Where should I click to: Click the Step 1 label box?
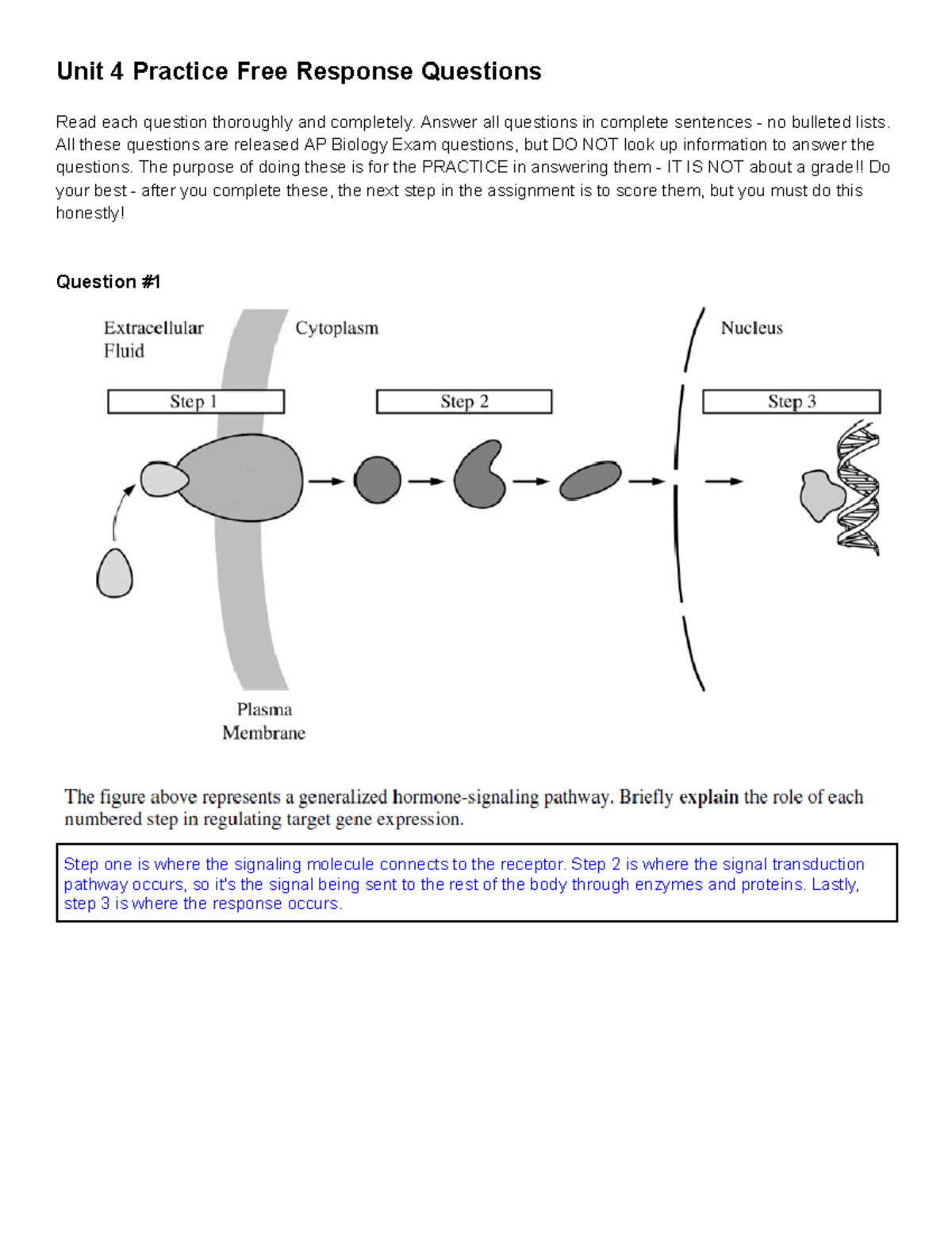tap(195, 402)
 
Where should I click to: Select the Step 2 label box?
tap(463, 402)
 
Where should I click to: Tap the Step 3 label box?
tap(791, 402)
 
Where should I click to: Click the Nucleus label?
tap(751, 328)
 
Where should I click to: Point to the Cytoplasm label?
tap(336, 328)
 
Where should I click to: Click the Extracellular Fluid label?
tap(152, 339)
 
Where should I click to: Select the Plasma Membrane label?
tap(263, 721)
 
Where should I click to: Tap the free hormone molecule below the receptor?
tap(114, 573)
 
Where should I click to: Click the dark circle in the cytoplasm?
tap(377, 480)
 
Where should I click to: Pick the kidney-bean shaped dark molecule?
tap(479, 476)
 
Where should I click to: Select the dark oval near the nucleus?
tap(590, 480)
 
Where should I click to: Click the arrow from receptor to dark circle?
tap(326, 481)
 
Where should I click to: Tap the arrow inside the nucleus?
tap(724, 481)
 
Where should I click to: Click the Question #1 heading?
tap(108, 282)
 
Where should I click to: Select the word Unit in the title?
tap(79, 71)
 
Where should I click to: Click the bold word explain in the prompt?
tap(708, 797)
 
